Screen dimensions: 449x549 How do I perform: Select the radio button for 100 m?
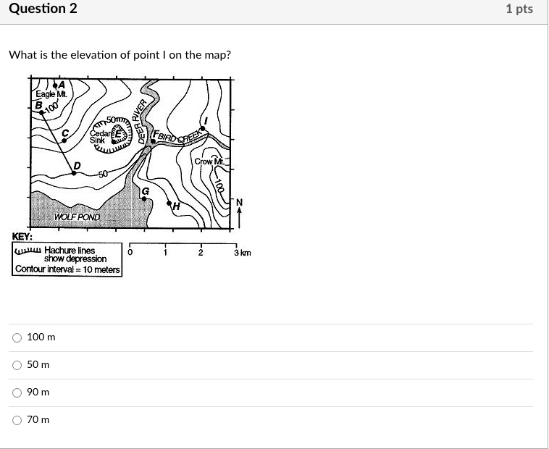click(x=16, y=337)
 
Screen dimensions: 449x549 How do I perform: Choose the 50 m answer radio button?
click(x=16, y=365)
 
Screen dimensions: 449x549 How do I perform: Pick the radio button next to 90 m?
click(x=16, y=393)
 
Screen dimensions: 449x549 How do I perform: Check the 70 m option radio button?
click(x=16, y=420)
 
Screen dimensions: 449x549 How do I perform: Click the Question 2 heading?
click(x=41, y=9)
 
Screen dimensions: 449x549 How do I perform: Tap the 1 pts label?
click(x=519, y=9)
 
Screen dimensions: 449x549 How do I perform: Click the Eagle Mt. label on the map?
click(x=51, y=96)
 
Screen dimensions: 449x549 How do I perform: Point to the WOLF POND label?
click(x=77, y=217)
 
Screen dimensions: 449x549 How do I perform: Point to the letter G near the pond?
click(x=145, y=190)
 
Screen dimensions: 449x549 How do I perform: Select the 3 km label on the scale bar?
click(x=242, y=253)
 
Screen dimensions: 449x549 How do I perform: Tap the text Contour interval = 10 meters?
click(x=67, y=269)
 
